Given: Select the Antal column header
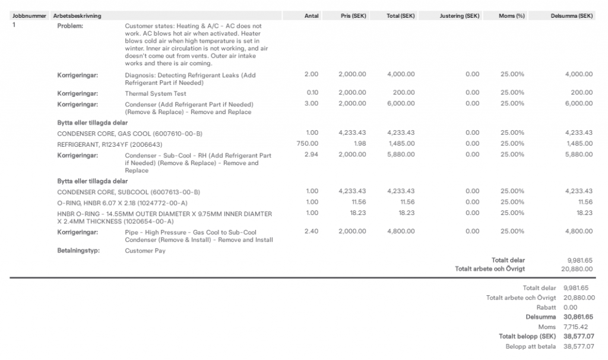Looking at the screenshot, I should [311, 15].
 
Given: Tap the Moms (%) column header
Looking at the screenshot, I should [512, 15].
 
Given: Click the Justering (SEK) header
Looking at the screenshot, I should [460, 15].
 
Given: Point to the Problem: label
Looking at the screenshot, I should [70, 26].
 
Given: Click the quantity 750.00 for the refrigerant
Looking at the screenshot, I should [308, 143].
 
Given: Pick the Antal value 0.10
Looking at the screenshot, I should [312, 93].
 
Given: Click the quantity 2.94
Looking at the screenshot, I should [311, 155].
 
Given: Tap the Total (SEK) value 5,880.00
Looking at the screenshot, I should [401, 155].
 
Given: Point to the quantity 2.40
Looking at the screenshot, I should [311, 231].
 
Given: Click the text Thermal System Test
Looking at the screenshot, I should [156, 93].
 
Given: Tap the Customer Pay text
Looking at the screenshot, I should [145, 251].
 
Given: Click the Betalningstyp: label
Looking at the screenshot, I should [78, 251].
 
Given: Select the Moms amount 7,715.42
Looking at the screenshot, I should [575, 327].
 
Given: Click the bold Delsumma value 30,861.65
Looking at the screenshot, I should [578, 317].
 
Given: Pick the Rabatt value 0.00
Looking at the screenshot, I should [570, 308].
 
